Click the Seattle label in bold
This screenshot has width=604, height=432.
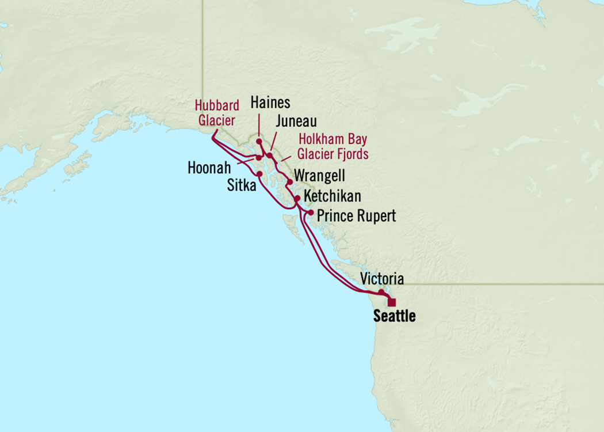tap(394, 316)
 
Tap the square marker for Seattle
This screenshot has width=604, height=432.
tap(392, 302)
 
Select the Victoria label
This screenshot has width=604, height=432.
tap(381, 279)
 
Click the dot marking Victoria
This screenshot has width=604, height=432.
tap(381, 292)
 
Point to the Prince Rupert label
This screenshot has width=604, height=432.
tap(357, 216)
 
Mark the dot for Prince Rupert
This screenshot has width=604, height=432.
tap(311, 213)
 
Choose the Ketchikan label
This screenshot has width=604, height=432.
tap(332, 196)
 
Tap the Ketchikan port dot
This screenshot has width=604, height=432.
tap(297, 198)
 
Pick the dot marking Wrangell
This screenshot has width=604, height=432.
tap(290, 181)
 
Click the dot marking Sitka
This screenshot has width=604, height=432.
tap(259, 173)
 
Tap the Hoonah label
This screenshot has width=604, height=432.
tap(209, 168)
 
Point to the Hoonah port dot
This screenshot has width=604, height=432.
tap(259, 158)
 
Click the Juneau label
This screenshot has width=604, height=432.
tap(296, 122)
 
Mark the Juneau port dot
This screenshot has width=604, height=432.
tap(269, 156)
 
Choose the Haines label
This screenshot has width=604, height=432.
tap(270, 103)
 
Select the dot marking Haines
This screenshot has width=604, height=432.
tap(259, 141)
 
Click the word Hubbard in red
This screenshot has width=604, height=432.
tap(216, 106)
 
